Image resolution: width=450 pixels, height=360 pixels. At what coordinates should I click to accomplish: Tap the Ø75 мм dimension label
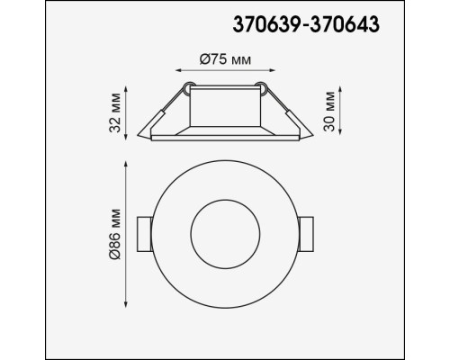pos(223,58)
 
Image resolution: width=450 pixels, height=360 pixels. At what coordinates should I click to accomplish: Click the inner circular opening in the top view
pos(224,235)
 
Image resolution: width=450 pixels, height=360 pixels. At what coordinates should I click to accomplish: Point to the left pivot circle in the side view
pos(189,88)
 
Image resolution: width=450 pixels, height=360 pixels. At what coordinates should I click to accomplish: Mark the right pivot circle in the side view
pos(260,88)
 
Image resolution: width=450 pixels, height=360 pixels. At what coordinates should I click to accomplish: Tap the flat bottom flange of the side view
pos(224,136)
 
